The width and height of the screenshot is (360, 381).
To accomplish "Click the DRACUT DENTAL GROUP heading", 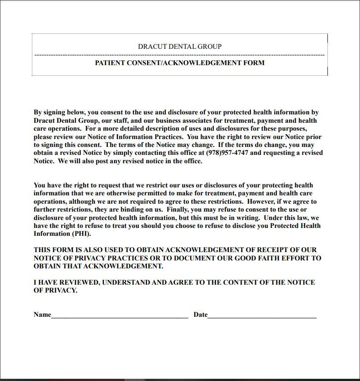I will (180, 46).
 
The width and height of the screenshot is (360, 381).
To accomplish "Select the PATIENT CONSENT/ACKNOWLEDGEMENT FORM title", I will (180, 63).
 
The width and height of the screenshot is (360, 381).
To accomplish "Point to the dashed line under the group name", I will (180, 55).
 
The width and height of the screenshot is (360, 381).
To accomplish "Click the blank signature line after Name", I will (120, 315).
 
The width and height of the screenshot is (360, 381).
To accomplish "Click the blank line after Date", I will (262, 315).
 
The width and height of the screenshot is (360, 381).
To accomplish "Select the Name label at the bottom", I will (42, 315).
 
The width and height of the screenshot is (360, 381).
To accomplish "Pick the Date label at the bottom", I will (200, 315).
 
